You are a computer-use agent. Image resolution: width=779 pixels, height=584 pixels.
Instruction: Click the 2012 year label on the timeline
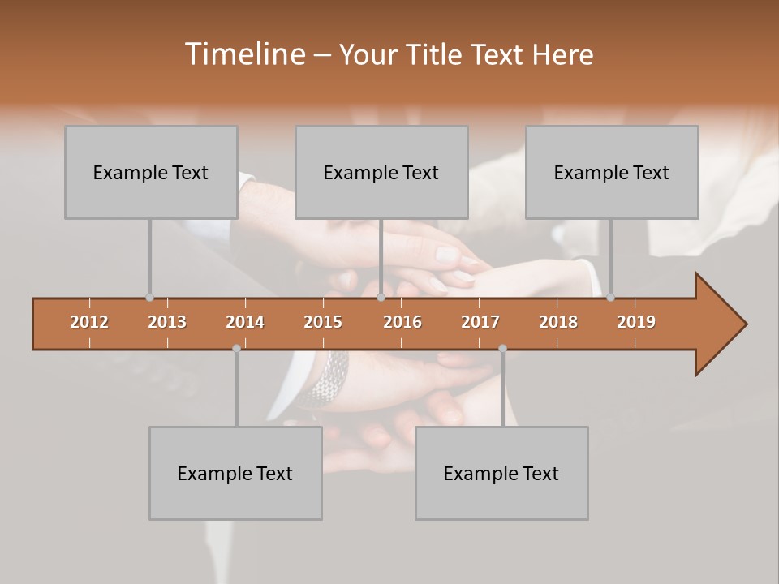89,322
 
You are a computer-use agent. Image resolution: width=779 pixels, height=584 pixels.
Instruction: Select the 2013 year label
167,322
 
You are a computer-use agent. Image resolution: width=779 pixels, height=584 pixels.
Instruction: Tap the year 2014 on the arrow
245,322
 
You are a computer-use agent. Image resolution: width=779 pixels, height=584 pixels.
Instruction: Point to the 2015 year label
323,322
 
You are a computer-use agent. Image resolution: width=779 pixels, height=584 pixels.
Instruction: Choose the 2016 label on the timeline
402,322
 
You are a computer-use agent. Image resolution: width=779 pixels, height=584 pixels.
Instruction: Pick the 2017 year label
480,322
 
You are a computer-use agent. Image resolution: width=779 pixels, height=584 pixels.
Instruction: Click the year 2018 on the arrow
558,322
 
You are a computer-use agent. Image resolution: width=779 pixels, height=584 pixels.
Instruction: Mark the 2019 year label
636,322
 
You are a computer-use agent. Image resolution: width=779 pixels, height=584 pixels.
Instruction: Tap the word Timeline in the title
244,54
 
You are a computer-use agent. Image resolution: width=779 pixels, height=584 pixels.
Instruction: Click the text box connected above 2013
151,172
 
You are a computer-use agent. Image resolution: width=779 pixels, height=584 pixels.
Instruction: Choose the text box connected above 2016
381,172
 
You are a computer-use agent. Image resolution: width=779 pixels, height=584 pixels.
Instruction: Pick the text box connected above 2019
612,172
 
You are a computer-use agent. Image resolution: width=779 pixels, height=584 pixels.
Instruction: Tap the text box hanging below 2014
235,473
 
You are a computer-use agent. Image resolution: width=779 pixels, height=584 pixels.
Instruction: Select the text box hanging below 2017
501,473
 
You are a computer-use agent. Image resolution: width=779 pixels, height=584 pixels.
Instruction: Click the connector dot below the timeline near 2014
236,348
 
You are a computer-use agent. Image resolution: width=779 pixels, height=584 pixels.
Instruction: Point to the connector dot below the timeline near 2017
502,348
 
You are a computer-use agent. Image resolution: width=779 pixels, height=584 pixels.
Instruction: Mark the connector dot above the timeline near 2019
610,297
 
